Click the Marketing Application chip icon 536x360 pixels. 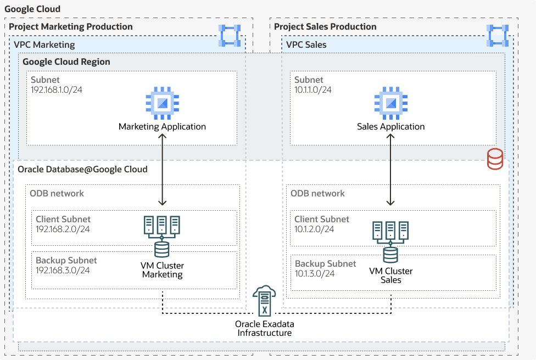coord(162,103)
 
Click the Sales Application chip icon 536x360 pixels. coord(390,103)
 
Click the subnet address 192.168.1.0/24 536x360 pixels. coord(57,89)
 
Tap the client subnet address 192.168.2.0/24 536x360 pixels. coord(63,229)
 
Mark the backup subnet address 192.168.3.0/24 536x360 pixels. coord(63,270)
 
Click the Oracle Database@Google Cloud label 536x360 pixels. coord(82,169)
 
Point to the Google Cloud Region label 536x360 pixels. coord(66,62)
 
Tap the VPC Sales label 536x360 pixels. coord(306,44)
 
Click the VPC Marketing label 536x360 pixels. coord(44,44)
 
